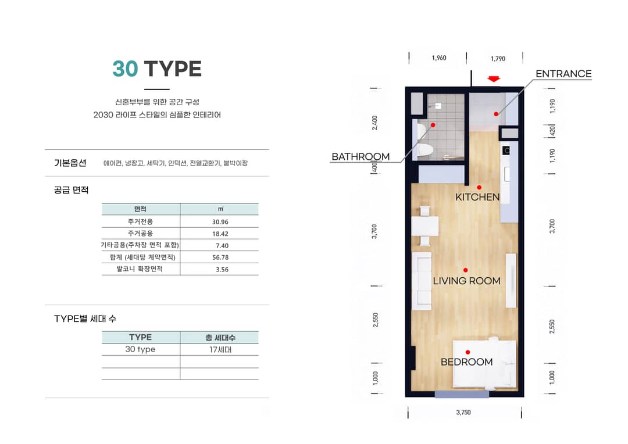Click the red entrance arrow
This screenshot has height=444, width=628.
click(x=494, y=79)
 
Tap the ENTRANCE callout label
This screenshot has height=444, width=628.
click(x=563, y=74)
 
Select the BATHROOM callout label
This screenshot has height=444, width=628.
click(x=361, y=156)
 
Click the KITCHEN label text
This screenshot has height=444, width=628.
click(x=477, y=197)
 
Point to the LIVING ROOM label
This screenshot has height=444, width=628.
click(x=466, y=281)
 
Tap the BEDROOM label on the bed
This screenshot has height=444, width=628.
click(x=466, y=362)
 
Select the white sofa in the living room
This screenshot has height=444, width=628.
click(x=422, y=281)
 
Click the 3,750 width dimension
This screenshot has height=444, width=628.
click(x=463, y=413)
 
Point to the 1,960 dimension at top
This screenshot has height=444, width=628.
click(x=439, y=58)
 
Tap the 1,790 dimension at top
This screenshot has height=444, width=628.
click(x=498, y=59)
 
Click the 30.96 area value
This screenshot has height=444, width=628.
click(x=220, y=222)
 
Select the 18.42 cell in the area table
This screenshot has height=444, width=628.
click(x=220, y=234)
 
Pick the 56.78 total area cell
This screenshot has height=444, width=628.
click(x=220, y=257)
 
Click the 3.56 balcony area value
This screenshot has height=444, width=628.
click(x=222, y=270)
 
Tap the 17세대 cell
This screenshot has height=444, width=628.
click(x=220, y=349)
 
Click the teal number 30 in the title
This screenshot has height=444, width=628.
click(x=125, y=69)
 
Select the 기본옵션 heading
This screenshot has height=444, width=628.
click(x=70, y=163)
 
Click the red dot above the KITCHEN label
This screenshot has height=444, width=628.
click(x=479, y=187)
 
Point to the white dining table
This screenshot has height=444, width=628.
click(x=425, y=226)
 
